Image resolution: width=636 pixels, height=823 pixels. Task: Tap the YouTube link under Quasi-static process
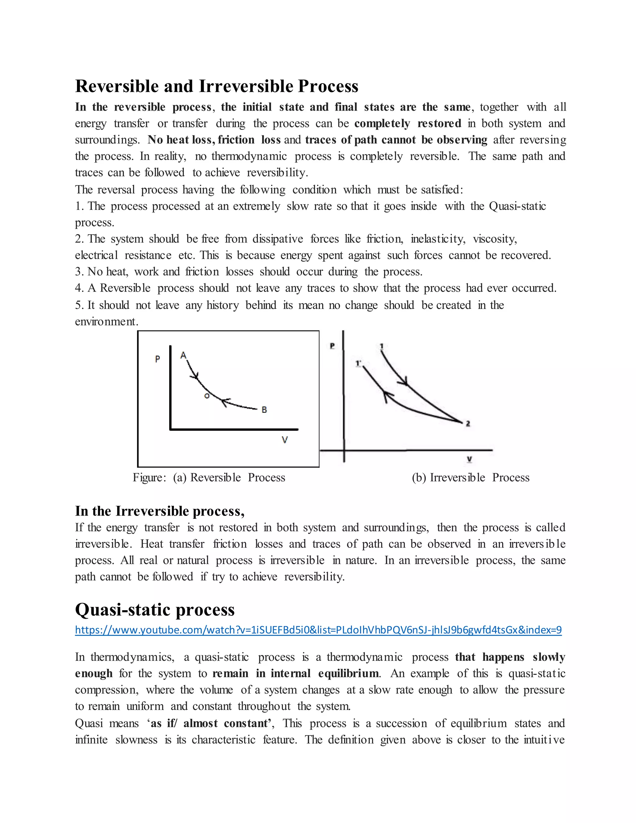pyautogui.click(x=318, y=630)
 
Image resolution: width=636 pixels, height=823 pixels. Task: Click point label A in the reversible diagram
pyautogui.click(x=184, y=355)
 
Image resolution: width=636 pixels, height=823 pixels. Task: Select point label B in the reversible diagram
pyautogui.click(x=264, y=410)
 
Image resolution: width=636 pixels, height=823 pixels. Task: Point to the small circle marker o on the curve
pyautogui.click(x=207, y=396)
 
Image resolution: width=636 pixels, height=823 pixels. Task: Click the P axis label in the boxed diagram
pyautogui.click(x=157, y=359)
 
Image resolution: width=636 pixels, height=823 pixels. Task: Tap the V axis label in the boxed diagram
pyautogui.click(x=285, y=440)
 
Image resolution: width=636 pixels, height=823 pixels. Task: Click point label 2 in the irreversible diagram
pyautogui.click(x=468, y=424)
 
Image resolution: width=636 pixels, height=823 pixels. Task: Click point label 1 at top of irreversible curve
pyautogui.click(x=382, y=346)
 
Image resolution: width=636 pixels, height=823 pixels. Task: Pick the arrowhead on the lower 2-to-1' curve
pyautogui.click(x=387, y=396)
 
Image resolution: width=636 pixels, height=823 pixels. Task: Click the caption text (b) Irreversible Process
pyautogui.click(x=470, y=477)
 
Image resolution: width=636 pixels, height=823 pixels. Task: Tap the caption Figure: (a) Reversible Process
pyautogui.click(x=209, y=477)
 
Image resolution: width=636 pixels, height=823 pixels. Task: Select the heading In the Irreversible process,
pyautogui.click(x=160, y=511)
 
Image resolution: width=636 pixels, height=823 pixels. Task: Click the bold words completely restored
pyautogui.click(x=408, y=124)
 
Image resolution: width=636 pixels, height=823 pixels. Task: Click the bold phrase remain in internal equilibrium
pyautogui.click(x=295, y=673)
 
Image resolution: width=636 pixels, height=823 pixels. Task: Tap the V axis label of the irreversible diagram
pyautogui.click(x=470, y=459)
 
